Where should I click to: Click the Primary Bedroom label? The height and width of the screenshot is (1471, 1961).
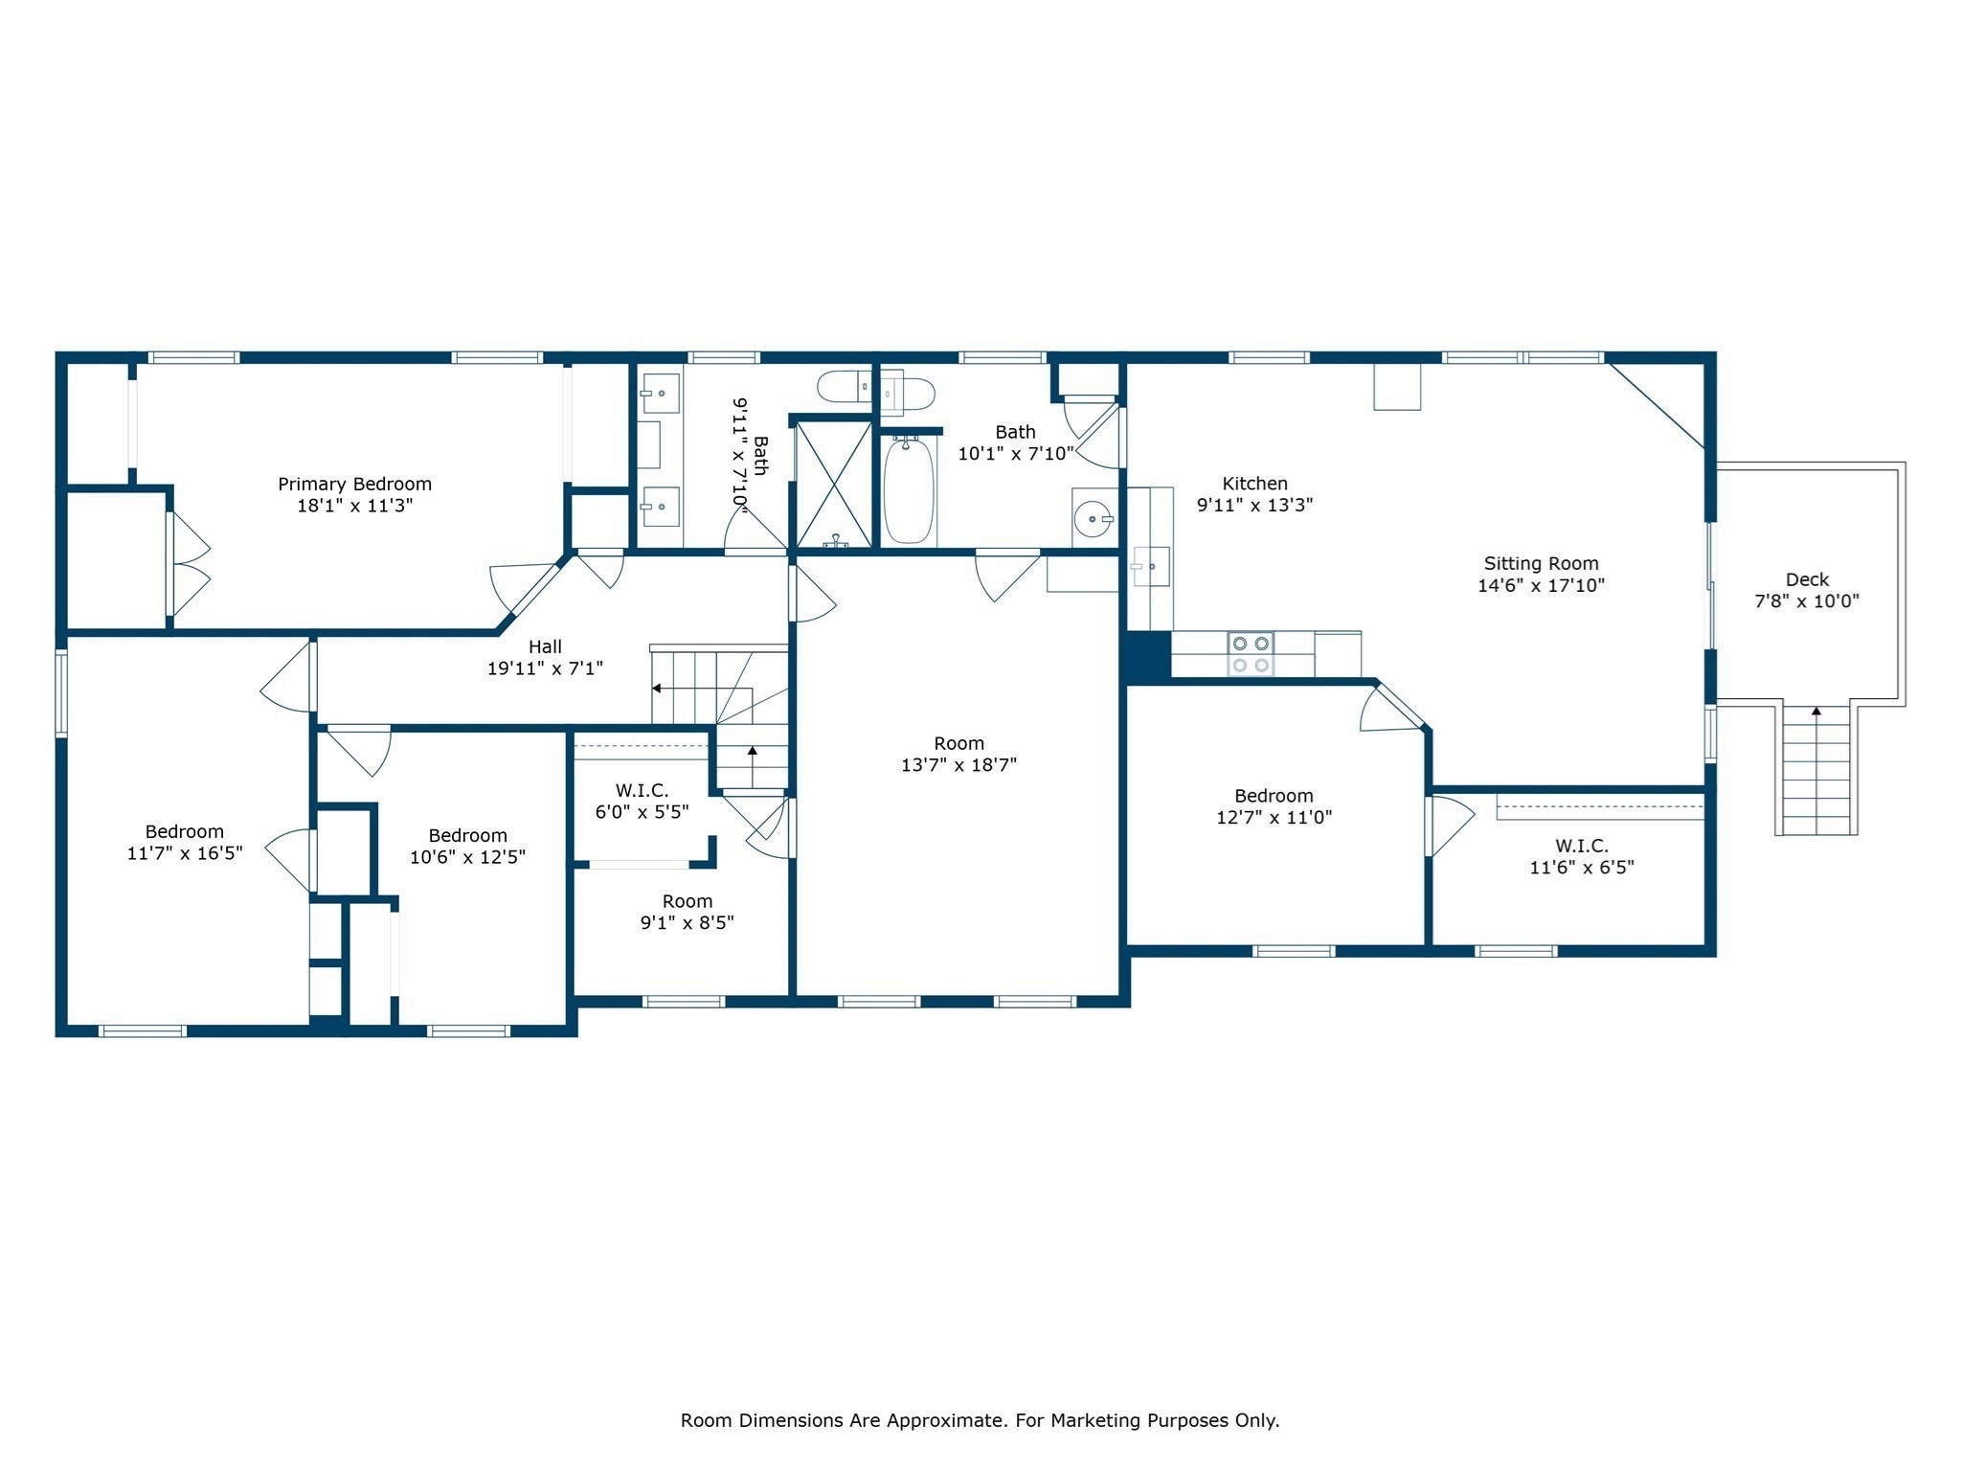354,484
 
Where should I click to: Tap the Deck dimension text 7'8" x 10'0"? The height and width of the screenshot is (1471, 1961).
1807,601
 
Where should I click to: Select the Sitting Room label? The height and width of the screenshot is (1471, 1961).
1541,564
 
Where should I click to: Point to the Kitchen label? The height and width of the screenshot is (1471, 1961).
1254,484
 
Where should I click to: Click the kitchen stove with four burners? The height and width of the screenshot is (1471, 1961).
1251,654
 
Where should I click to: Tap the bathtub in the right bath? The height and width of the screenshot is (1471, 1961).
908,491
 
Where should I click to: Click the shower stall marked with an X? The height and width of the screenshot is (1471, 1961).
834,485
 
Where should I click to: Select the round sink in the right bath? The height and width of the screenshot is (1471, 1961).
1093,519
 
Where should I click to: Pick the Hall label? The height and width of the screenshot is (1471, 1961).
545,647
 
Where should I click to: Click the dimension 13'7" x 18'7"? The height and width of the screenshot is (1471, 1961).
958,765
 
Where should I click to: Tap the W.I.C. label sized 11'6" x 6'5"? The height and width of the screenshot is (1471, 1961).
1581,847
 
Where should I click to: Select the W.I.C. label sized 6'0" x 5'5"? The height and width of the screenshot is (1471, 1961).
642,791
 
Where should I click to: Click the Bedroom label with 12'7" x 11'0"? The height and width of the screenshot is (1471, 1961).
1274,796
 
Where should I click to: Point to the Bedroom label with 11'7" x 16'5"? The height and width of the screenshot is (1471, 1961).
184,832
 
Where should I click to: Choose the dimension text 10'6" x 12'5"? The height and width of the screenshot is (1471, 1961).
467,857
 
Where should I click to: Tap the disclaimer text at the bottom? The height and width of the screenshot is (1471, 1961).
980,1420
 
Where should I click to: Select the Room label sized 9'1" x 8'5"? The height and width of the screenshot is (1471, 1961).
687,901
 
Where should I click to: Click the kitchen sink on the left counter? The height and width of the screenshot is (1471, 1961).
1150,566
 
